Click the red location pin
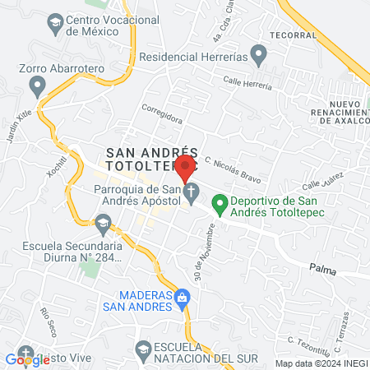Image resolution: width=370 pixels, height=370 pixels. coord(186,167)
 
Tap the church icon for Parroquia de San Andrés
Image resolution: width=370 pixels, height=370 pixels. coord(192,195)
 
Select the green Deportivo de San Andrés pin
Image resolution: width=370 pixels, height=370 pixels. coord(220,201)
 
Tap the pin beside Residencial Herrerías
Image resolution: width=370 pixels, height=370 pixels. coord(259,57)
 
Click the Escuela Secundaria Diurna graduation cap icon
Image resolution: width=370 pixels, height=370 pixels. coord(104,222)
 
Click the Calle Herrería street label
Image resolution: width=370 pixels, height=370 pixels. coord(247,88)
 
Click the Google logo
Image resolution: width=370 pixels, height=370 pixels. coord(28,358)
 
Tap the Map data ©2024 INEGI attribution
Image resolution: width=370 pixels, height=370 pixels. coord(320,363)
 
